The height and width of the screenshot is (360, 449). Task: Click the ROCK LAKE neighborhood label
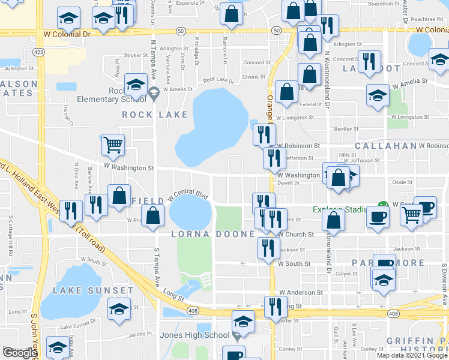(146, 114)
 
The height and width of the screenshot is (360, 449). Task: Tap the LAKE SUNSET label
(92, 290)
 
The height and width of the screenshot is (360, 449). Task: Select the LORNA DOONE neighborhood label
(212, 234)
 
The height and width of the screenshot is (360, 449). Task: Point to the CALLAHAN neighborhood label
(385, 146)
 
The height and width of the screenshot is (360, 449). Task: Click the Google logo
(20, 353)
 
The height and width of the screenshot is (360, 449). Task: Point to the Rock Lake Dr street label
(218, 80)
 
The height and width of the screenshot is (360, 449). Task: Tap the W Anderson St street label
(300, 292)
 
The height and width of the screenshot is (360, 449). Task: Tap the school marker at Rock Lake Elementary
(136, 84)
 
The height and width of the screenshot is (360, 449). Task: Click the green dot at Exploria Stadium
(379, 205)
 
